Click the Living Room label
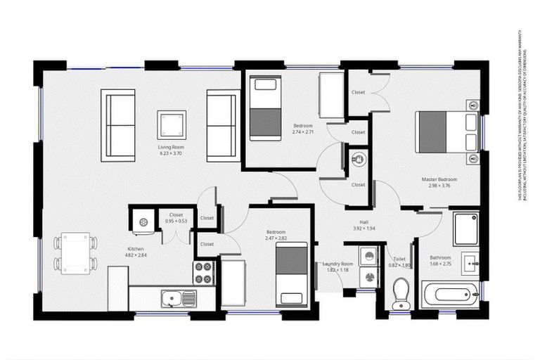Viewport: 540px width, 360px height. [x=170, y=147]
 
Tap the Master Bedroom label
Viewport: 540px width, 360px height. [x=439, y=179]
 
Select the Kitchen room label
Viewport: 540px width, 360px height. [x=135, y=249]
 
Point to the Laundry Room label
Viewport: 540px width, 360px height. [x=336, y=264]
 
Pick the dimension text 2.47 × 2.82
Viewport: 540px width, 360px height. [x=276, y=238]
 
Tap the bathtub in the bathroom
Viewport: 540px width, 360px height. [x=450, y=292]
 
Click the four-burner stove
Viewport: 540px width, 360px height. [x=203, y=273]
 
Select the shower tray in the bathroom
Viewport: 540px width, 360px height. [x=465, y=229]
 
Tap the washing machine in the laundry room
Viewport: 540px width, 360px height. [x=367, y=267]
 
